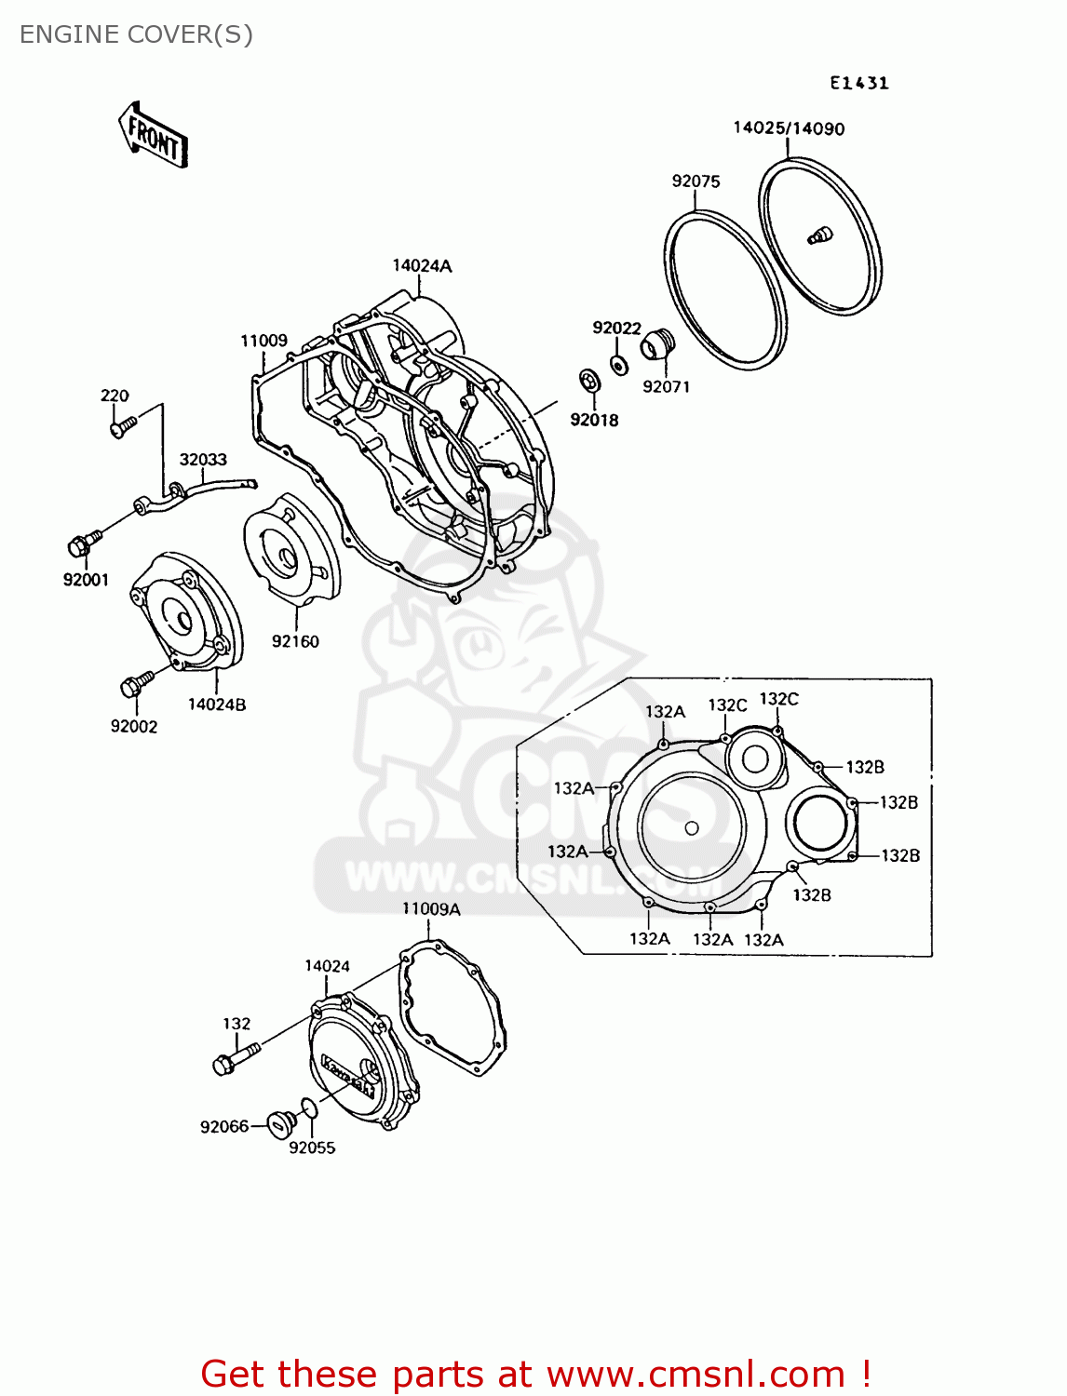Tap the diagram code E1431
tap(859, 83)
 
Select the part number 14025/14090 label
tap(789, 128)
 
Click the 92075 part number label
tap(696, 181)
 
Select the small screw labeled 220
tap(122, 426)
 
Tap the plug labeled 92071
tap(656, 345)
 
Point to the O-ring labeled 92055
tap(308, 1108)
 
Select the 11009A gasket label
tap(430, 909)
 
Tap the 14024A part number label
tap(422, 266)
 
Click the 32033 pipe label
tap(203, 460)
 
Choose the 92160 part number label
tap(295, 641)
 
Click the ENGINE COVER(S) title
tap(136, 34)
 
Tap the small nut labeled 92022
tap(618, 364)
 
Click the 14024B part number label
tap(217, 705)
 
